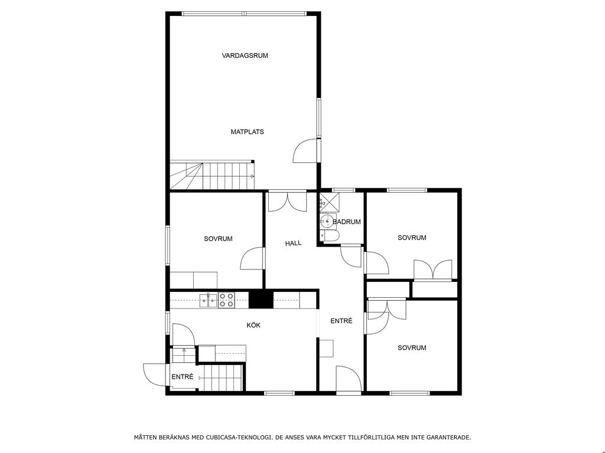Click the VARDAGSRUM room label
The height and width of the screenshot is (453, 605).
(x=245, y=55)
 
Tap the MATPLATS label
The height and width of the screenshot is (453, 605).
(x=248, y=132)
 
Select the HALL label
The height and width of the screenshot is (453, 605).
(x=293, y=243)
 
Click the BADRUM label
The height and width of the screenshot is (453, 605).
(x=346, y=222)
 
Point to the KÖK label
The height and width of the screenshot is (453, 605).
(x=253, y=325)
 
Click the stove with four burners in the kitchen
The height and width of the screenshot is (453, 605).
(x=226, y=300)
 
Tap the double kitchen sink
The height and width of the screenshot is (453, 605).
(x=209, y=300)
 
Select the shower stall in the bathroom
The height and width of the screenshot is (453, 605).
(x=330, y=202)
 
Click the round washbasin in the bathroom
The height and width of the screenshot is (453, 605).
(x=326, y=221)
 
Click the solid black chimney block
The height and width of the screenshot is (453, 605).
(x=261, y=299)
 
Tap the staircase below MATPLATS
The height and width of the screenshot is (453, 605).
(x=212, y=176)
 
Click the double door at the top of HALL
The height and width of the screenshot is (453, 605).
(x=288, y=202)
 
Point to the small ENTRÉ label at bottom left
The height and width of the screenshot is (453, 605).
(x=183, y=377)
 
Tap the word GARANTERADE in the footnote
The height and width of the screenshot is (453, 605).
(x=451, y=437)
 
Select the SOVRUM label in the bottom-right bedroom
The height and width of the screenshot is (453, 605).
(x=412, y=347)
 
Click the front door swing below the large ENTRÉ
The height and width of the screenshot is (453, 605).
(x=349, y=379)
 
